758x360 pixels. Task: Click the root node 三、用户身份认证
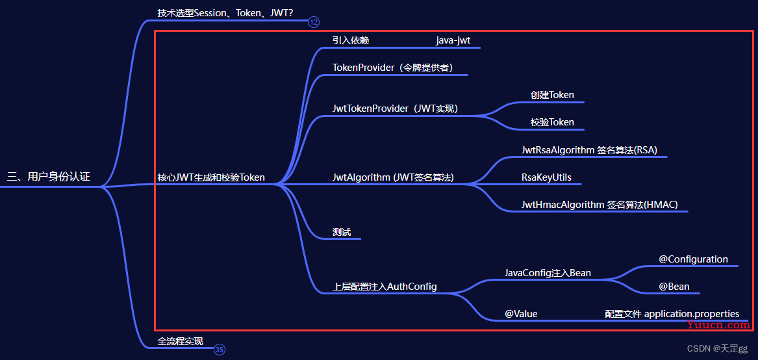click(49, 177)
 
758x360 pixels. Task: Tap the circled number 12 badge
click(314, 22)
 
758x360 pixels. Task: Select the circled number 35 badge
click(220, 350)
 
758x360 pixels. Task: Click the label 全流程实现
click(181, 341)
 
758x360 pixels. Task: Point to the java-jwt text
click(453, 40)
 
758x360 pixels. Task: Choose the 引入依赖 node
click(351, 40)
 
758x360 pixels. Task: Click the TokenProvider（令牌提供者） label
click(392, 68)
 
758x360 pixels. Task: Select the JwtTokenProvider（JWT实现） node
click(395, 109)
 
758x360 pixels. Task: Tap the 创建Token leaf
click(552, 95)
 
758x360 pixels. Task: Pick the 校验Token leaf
click(552, 122)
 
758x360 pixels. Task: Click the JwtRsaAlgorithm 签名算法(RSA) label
click(589, 150)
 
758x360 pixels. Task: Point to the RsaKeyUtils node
click(546, 177)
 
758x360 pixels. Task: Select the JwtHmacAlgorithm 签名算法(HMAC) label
click(600, 205)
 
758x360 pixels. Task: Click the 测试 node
click(341, 232)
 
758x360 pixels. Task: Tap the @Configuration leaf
click(693, 259)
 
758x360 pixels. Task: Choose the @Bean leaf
click(674, 287)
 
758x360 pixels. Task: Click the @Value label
click(521, 314)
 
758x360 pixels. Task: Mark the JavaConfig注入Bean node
click(548, 273)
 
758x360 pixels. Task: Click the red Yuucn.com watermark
click(718, 325)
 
